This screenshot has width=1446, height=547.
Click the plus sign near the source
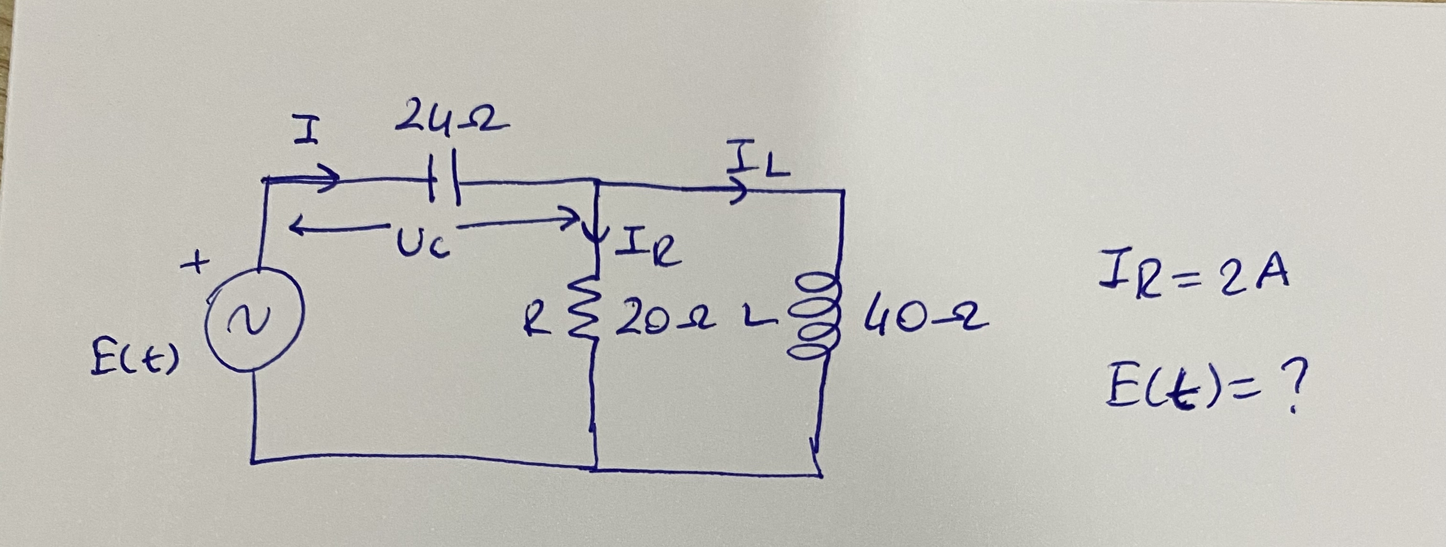[x=194, y=263]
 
